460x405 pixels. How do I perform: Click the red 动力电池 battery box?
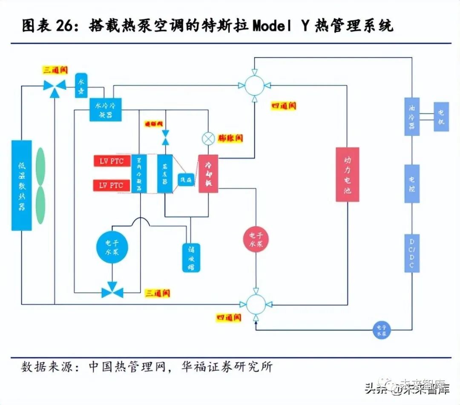pyautogui.click(x=347, y=174)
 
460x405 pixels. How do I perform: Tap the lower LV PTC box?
pyautogui.click(x=112, y=185)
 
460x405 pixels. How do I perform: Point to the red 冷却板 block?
pyautogui.click(x=208, y=173)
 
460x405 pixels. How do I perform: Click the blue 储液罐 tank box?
pyautogui.click(x=191, y=257)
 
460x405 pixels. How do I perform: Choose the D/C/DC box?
pyautogui.click(x=412, y=253)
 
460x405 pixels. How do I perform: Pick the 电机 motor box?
pyautogui.click(x=441, y=116)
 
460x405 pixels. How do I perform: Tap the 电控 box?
pyautogui.click(x=412, y=183)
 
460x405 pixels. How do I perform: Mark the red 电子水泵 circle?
pyautogui.click(x=256, y=238)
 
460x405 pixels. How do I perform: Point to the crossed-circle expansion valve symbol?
pyautogui.click(x=208, y=138)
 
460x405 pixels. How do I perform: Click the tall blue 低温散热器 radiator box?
pyautogui.click(x=21, y=185)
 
